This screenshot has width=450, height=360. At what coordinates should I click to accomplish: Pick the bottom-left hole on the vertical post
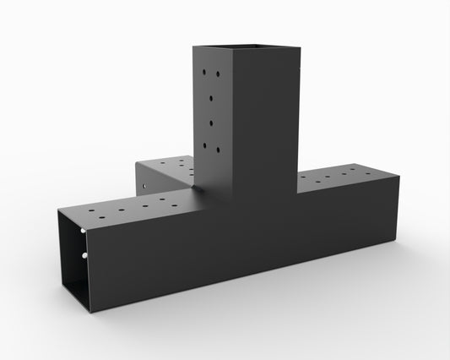[x=205, y=145]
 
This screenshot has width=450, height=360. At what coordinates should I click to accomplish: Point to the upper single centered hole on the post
[x=211, y=98]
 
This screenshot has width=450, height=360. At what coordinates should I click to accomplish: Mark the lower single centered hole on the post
[x=211, y=123]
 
